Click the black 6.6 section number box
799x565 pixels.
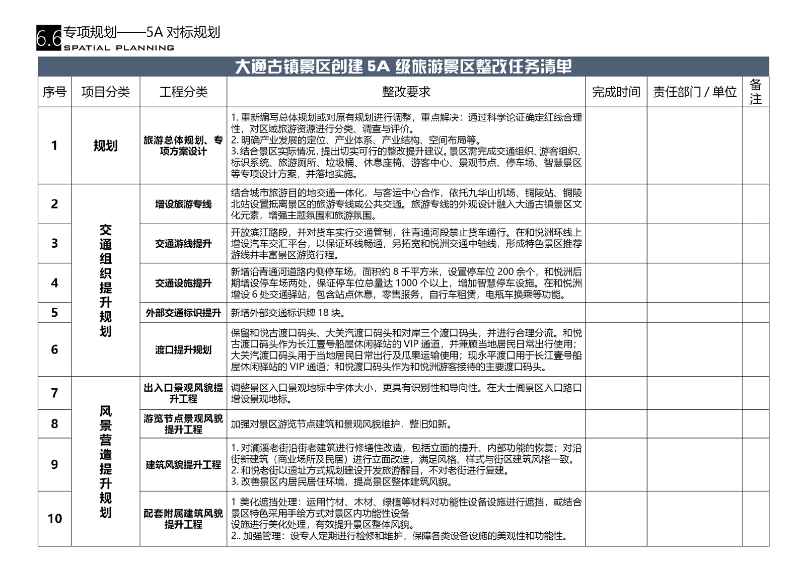click(49, 38)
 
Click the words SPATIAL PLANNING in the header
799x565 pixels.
click(119, 48)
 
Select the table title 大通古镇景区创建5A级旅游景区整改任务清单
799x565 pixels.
click(403, 66)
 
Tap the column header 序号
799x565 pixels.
click(54, 92)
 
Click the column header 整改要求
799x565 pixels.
click(406, 92)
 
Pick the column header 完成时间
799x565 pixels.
click(616, 92)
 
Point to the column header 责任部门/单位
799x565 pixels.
click(694, 92)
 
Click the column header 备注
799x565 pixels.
click(755, 92)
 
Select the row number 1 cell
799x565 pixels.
click(54, 146)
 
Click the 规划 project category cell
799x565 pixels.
click(105, 146)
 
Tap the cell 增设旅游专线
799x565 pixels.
click(183, 204)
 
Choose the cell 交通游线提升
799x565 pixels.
click(183, 244)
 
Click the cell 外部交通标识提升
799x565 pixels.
click(183, 313)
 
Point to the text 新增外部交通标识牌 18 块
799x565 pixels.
click(288, 313)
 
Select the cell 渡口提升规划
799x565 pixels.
click(183, 349)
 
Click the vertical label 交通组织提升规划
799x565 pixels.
click(105, 280)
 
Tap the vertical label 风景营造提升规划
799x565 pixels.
click(105, 461)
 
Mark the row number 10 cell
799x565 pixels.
click(54, 519)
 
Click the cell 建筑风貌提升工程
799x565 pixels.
click(183, 465)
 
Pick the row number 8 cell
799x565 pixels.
click(54, 423)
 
